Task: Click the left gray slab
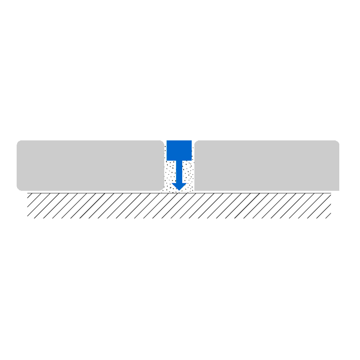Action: point(90,166)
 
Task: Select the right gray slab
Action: point(266,166)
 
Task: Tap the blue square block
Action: point(179,150)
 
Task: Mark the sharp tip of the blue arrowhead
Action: point(179,190)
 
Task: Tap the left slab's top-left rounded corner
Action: point(18,142)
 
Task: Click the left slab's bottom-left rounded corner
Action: point(18,189)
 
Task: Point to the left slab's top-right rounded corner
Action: point(162,142)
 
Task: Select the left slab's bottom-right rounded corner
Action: point(162,189)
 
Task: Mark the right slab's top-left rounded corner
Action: point(196,142)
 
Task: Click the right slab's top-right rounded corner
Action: point(337,142)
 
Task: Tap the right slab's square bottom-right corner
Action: point(339,190)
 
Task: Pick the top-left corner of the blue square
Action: point(166,141)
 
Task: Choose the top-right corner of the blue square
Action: point(192,141)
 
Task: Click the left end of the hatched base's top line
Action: point(27,193)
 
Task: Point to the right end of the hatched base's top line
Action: point(331,193)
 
